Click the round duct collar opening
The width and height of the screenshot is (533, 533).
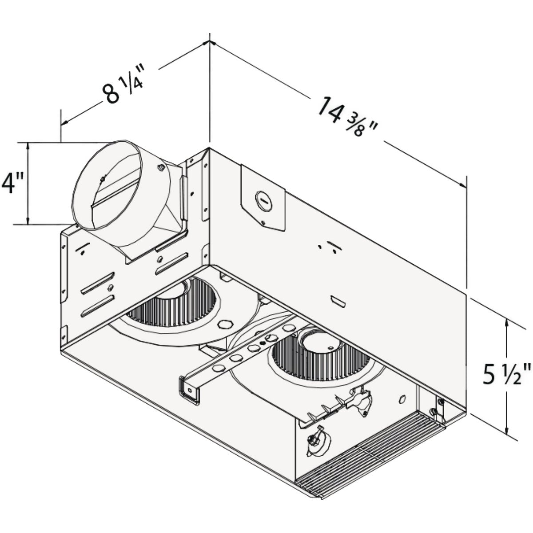tap(107, 185)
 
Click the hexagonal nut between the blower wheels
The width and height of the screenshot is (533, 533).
tap(226, 324)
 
